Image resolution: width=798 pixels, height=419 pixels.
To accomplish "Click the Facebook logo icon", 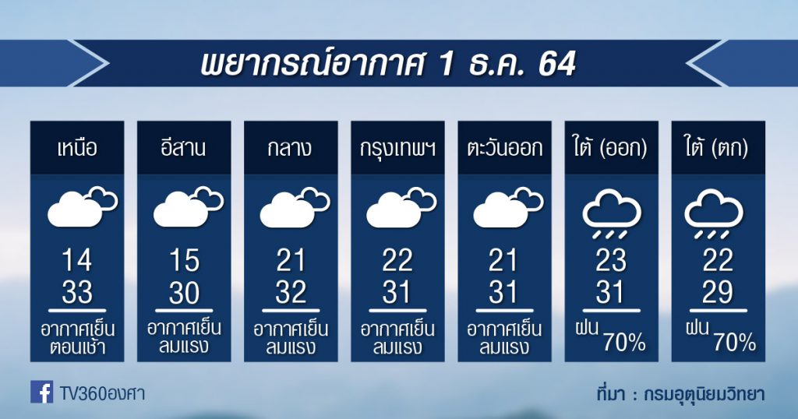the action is pyautogui.click(x=42, y=392).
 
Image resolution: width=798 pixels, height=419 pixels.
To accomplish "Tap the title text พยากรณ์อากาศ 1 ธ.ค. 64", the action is pyautogui.click(x=388, y=64).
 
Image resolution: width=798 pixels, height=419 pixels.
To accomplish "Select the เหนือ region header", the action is pyautogui.click(x=77, y=149).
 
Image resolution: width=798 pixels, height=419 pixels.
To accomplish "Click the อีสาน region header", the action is pyautogui.click(x=184, y=148).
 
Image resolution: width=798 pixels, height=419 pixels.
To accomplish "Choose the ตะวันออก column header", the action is pyautogui.click(x=504, y=149).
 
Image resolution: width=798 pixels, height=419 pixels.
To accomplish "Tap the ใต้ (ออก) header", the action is pyautogui.click(x=611, y=148).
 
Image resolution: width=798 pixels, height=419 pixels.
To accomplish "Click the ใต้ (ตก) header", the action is pyautogui.click(x=718, y=148).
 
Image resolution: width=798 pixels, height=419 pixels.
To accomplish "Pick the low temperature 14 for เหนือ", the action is pyautogui.click(x=77, y=261).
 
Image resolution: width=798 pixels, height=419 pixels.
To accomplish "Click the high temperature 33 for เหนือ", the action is pyautogui.click(x=77, y=292).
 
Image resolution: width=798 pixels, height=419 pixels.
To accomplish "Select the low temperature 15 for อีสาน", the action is pyautogui.click(x=184, y=261).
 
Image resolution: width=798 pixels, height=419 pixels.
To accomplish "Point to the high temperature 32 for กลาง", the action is pyautogui.click(x=291, y=292).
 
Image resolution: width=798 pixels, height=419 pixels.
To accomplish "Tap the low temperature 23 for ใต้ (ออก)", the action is pyautogui.click(x=611, y=261).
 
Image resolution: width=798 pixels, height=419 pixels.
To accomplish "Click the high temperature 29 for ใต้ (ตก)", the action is pyautogui.click(x=718, y=292).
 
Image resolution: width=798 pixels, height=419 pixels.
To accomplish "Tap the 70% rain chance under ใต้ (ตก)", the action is pyautogui.click(x=734, y=343).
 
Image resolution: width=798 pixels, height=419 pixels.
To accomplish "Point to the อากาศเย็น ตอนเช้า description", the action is pyautogui.click(x=77, y=338).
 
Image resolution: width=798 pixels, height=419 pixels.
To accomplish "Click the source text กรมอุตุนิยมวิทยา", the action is pyautogui.click(x=704, y=394).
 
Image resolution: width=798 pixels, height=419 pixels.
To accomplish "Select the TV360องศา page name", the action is pyautogui.click(x=102, y=393).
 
